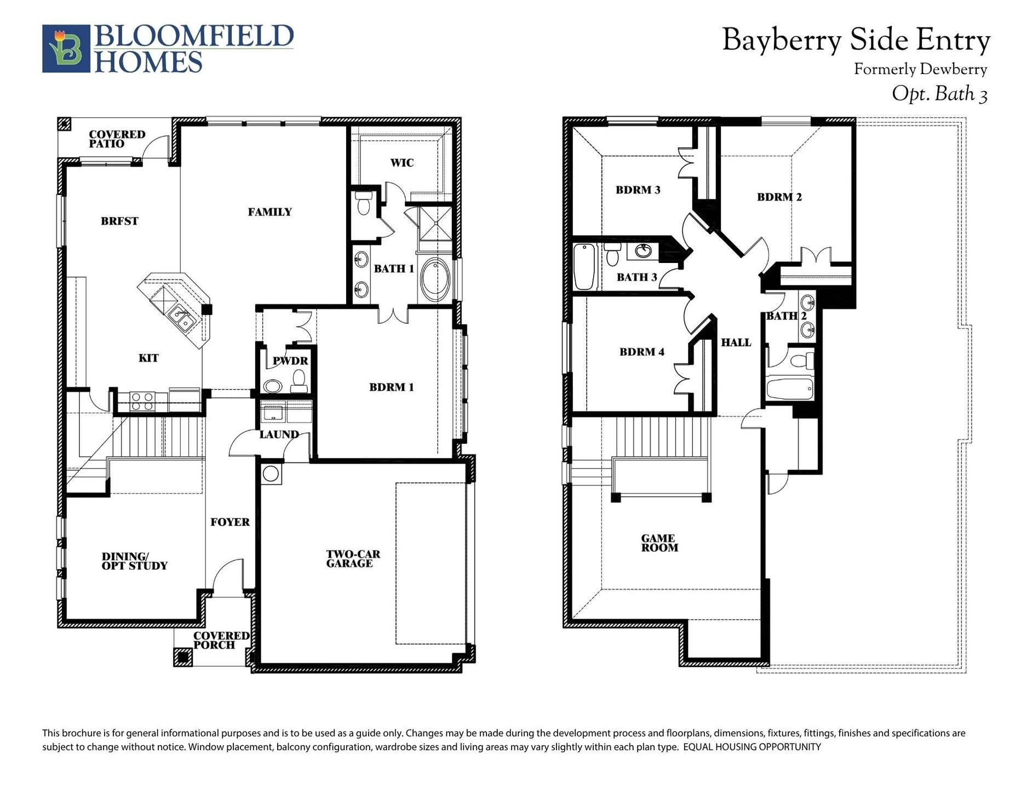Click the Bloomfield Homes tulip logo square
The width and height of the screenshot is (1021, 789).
tap(66, 49)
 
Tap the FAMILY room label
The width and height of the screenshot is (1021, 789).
tap(269, 212)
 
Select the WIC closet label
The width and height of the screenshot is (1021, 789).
tap(401, 163)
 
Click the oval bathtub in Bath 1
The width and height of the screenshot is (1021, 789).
tap(435, 279)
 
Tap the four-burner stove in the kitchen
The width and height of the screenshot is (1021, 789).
tap(142, 402)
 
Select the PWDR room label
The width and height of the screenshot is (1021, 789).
tap(290, 361)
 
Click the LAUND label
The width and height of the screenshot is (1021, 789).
tap(279, 434)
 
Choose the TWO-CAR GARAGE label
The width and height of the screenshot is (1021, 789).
tap(353, 559)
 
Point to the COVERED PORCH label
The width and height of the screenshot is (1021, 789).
tap(221, 640)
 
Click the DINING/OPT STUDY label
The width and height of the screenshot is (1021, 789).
tap(134, 561)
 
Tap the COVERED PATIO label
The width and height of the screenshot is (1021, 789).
tap(117, 139)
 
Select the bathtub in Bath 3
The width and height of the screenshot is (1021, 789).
tap(585, 267)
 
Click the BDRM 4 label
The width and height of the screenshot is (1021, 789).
tap(641, 352)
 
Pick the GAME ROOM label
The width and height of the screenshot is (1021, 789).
tap(659, 543)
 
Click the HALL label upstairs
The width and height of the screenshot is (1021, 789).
tap(736, 342)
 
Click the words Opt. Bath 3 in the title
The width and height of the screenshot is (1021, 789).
tap(939, 94)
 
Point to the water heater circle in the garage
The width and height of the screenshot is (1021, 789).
tap(271, 473)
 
